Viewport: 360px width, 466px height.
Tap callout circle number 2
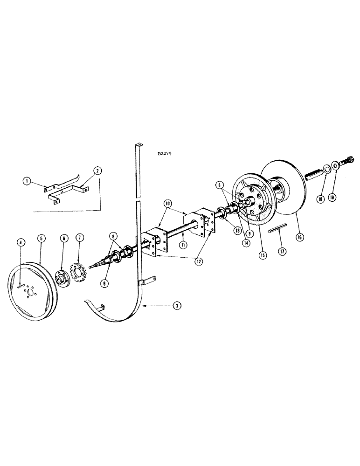pyautogui.click(x=97, y=171)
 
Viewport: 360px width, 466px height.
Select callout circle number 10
pyautogui.click(x=167, y=204)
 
